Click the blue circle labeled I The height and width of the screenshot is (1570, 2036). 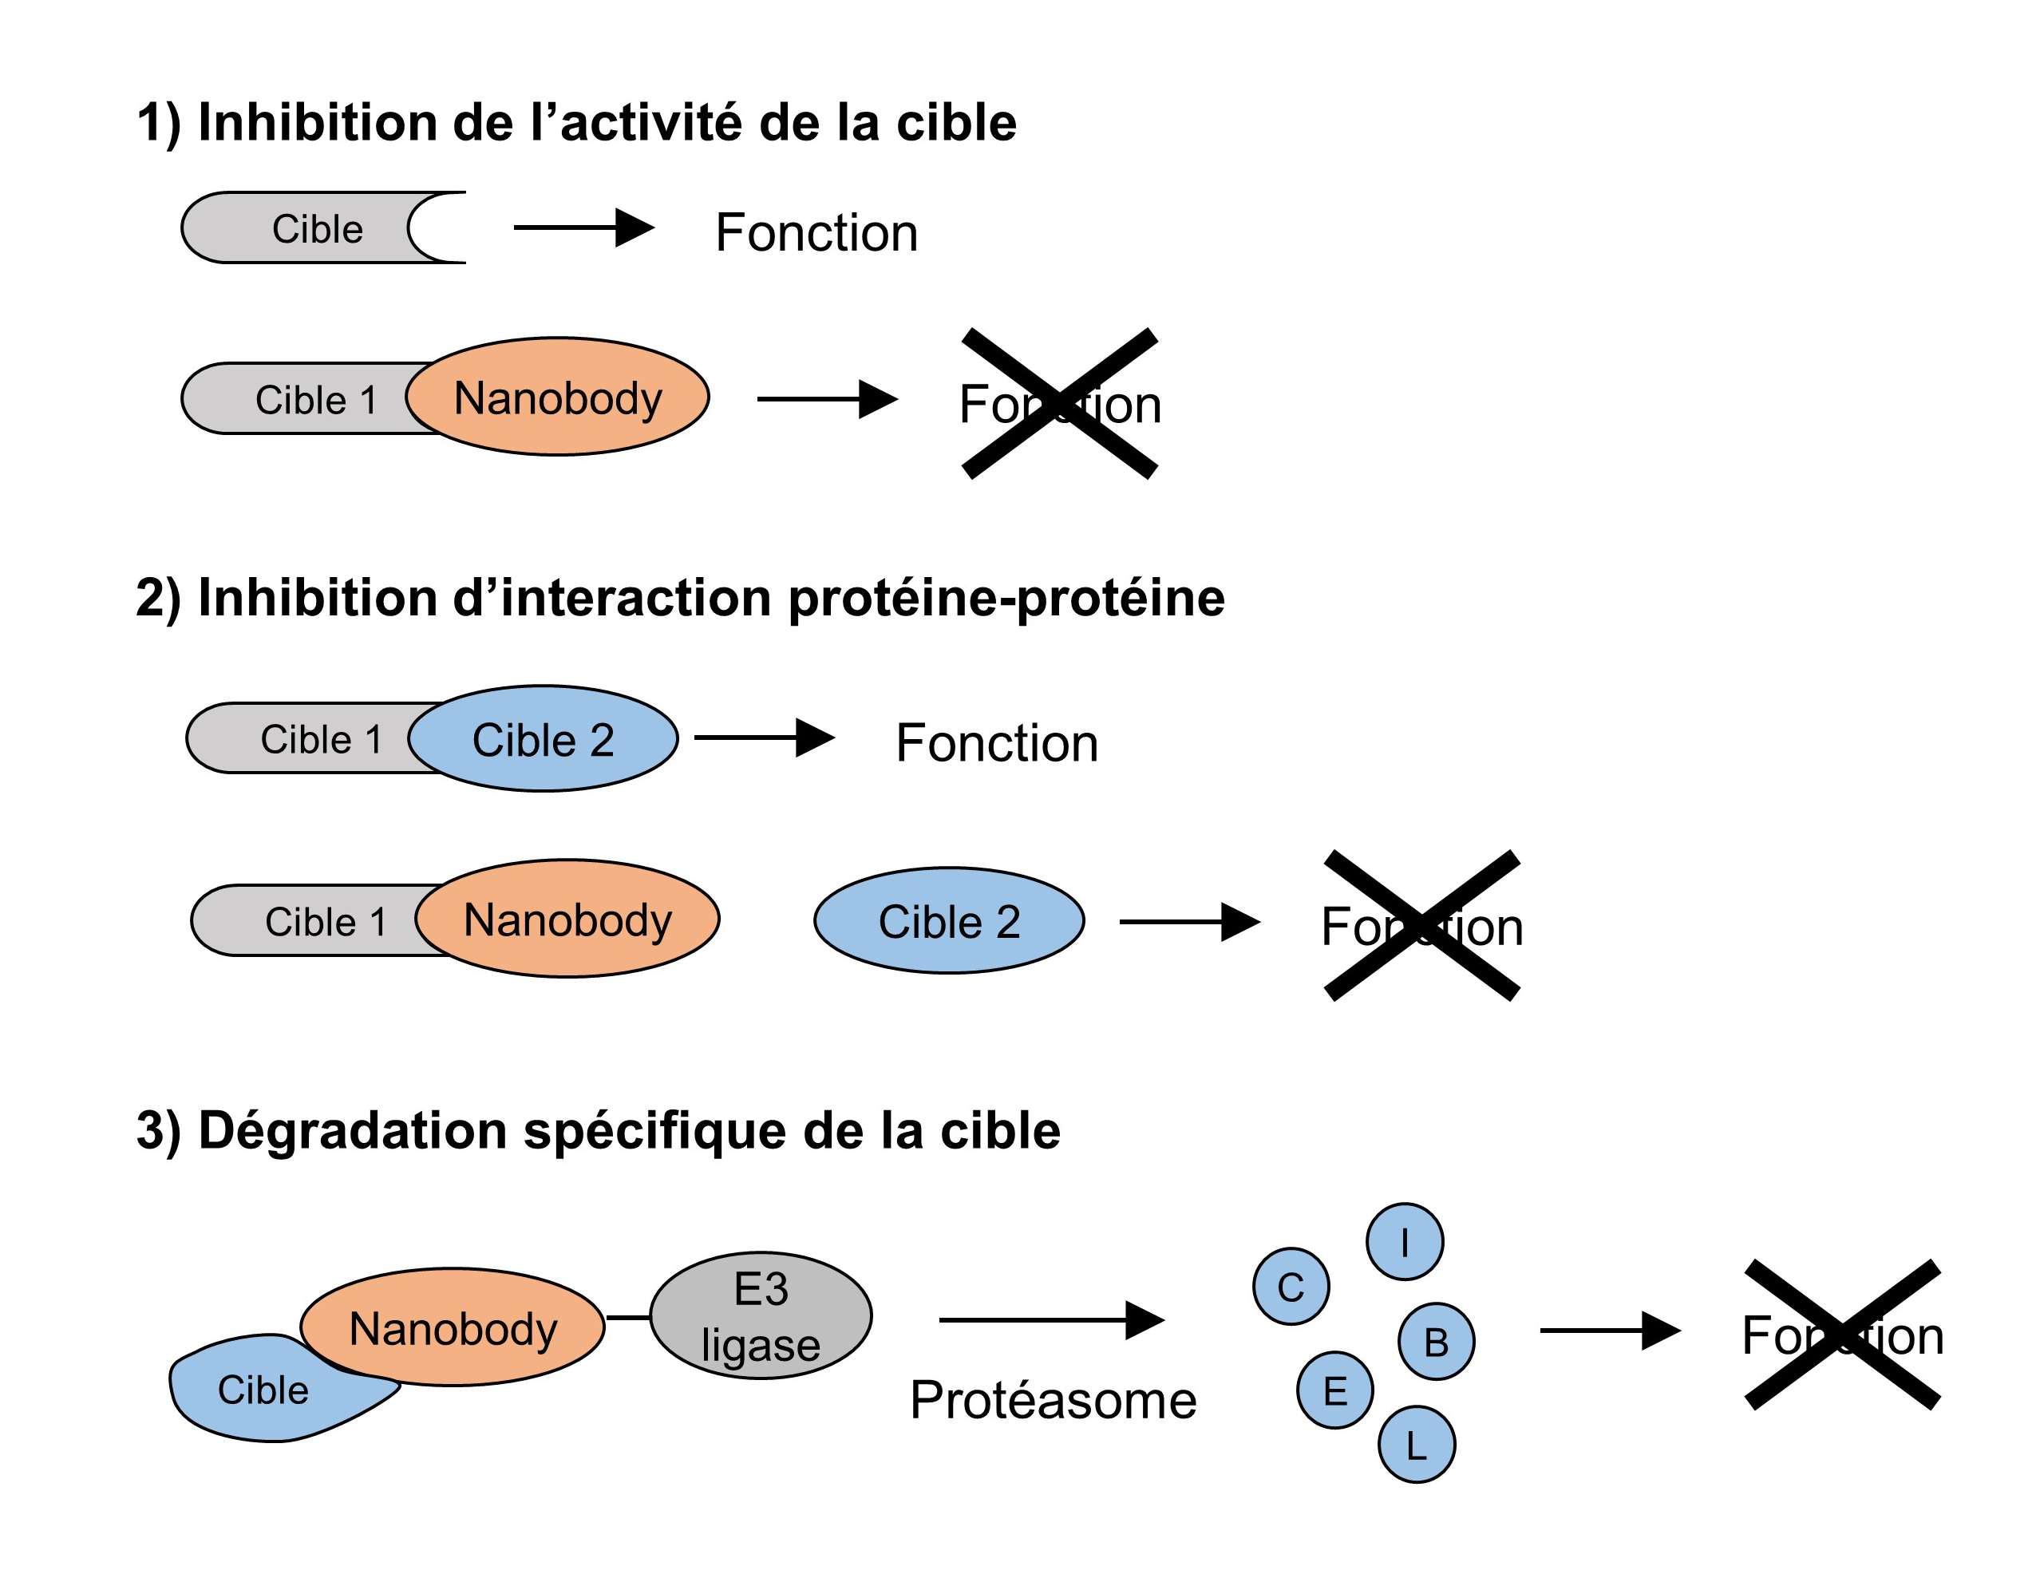[1404, 1241]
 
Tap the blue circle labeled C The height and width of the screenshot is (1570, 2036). [1291, 1287]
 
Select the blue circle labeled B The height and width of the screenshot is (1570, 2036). [1436, 1341]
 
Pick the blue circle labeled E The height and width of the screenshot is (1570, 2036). [1335, 1390]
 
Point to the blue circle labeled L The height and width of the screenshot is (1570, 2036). [1416, 1444]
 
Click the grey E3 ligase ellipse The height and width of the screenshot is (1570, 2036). [761, 1315]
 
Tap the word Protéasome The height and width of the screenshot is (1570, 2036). [1054, 1399]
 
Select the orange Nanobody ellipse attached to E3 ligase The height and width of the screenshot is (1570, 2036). [453, 1327]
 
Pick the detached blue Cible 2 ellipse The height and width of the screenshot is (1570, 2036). [949, 921]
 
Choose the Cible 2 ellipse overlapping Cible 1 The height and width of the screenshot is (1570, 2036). [544, 739]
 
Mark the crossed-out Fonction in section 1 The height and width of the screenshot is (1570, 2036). [1060, 404]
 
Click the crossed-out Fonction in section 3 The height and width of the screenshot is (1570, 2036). [1842, 1335]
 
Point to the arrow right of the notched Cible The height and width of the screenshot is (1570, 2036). [583, 227]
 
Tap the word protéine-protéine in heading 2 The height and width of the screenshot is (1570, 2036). [1006, 598]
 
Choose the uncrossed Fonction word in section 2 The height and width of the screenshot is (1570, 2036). [997, 743]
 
